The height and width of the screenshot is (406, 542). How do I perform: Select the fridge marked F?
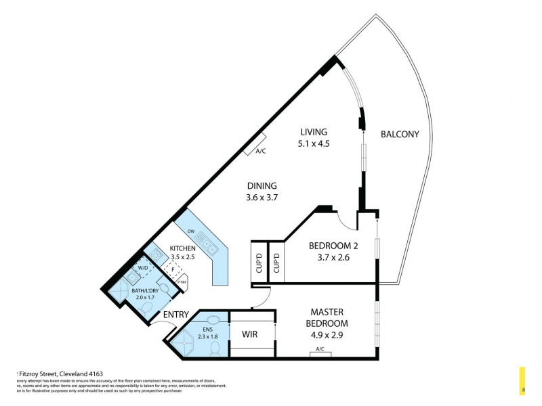coord(173,269)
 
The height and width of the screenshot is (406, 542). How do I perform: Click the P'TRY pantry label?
coord(182,281)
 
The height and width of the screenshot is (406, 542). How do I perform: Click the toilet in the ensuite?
coord(215,348)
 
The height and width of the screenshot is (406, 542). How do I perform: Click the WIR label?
coord(250,334)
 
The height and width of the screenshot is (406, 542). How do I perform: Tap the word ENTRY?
coord(175,315)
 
